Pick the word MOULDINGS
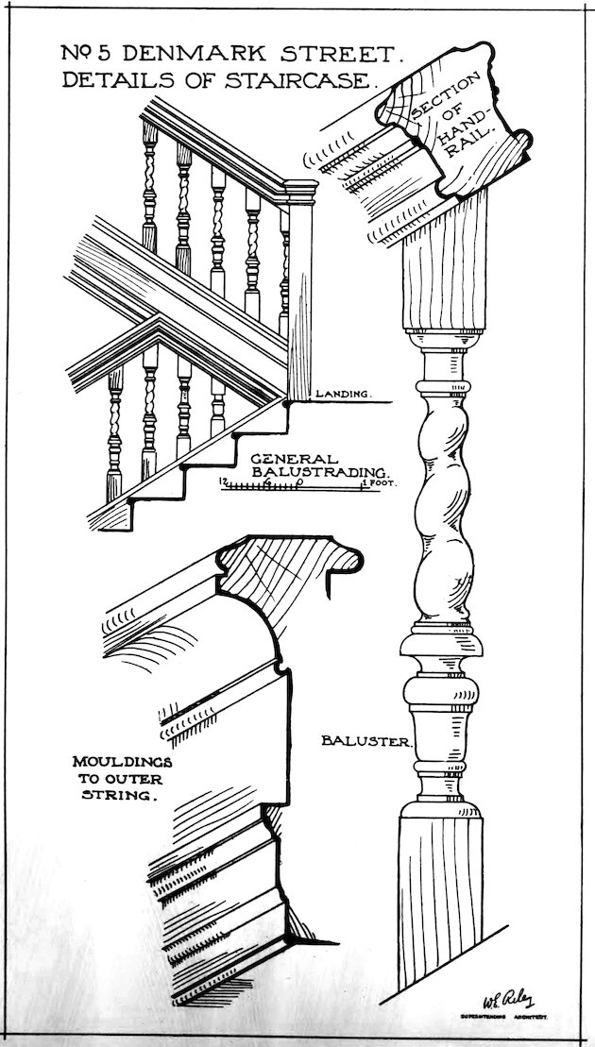coord(116,760)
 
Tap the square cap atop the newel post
coord(300,194)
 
